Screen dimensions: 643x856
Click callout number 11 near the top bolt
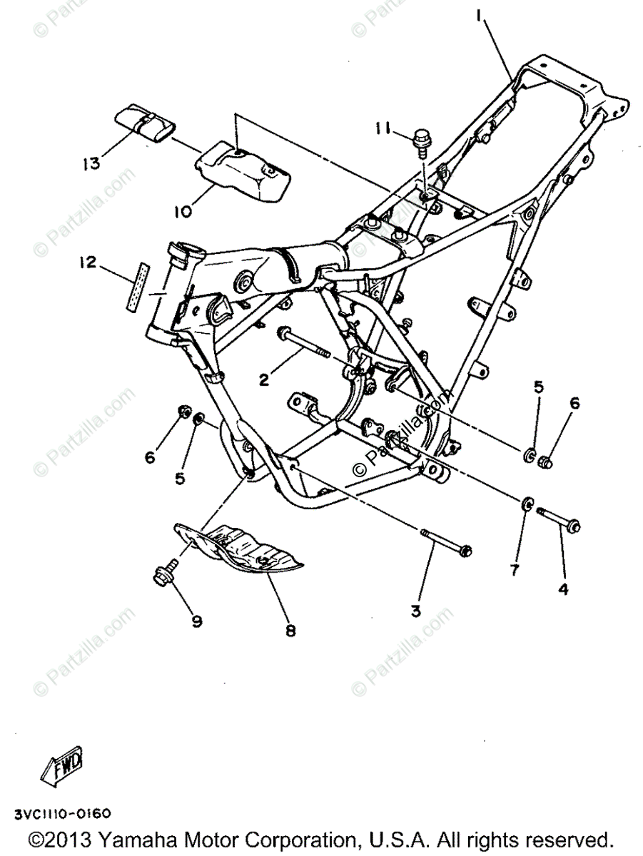click(x=383, y=129)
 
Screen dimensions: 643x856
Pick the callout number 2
click(x=264, y=380)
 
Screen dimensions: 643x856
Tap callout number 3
click(x=416, y=611)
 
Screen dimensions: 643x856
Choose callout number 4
click(x=563, y=590)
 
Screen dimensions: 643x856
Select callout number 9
click(x=196, y=621)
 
